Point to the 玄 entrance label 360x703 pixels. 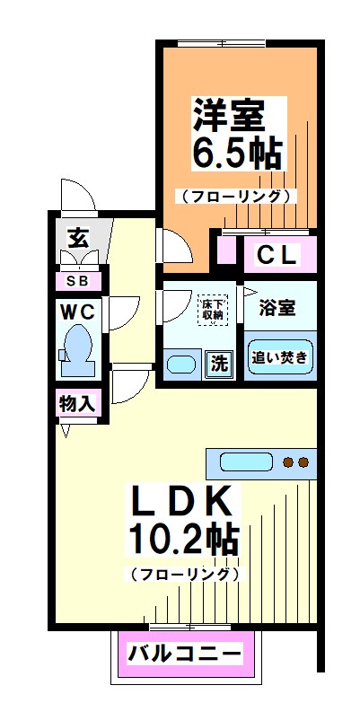[x=78, y=238]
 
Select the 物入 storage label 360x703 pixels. [x=78, y=403]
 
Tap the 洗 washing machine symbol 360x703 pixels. [x=219, y=364]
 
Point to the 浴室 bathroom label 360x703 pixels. [x=278, y=308]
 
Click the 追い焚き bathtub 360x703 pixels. [x=280, y=357]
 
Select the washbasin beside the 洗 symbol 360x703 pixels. [x=182, y=364]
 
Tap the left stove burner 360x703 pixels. [x=289, y=463]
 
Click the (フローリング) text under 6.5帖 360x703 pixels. [x=235, y=196]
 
